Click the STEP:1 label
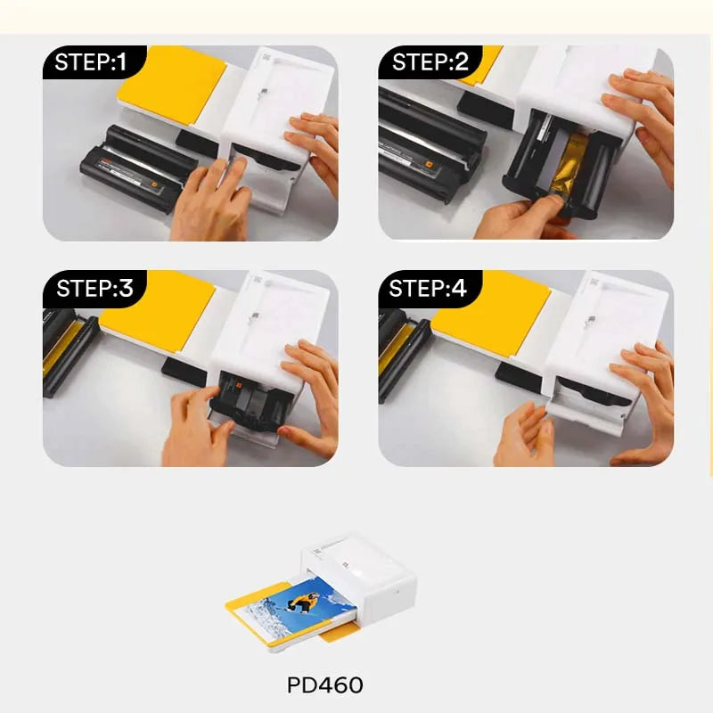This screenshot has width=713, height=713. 91,61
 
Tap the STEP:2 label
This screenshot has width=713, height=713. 430,61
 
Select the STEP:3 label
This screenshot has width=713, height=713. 94,288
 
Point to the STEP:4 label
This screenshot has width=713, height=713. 428,288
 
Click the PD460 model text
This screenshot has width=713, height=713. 325,685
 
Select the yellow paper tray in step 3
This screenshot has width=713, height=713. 158,310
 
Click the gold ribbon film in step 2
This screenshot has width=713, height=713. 568,165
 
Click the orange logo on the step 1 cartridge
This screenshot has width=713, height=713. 154,185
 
